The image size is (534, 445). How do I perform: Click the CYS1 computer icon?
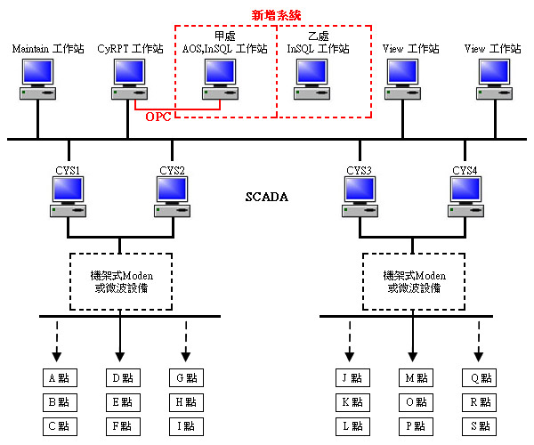69,197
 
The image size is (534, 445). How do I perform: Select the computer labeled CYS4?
466,197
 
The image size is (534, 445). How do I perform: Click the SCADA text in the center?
267,197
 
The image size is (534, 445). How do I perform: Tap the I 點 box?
185,425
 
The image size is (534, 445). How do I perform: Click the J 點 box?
350,378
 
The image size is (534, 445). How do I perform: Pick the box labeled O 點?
411,401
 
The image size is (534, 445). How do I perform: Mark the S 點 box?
480,425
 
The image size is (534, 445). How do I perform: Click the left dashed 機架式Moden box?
120,281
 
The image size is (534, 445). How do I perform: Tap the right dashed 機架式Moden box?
411,281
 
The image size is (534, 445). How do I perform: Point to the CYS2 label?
172,170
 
